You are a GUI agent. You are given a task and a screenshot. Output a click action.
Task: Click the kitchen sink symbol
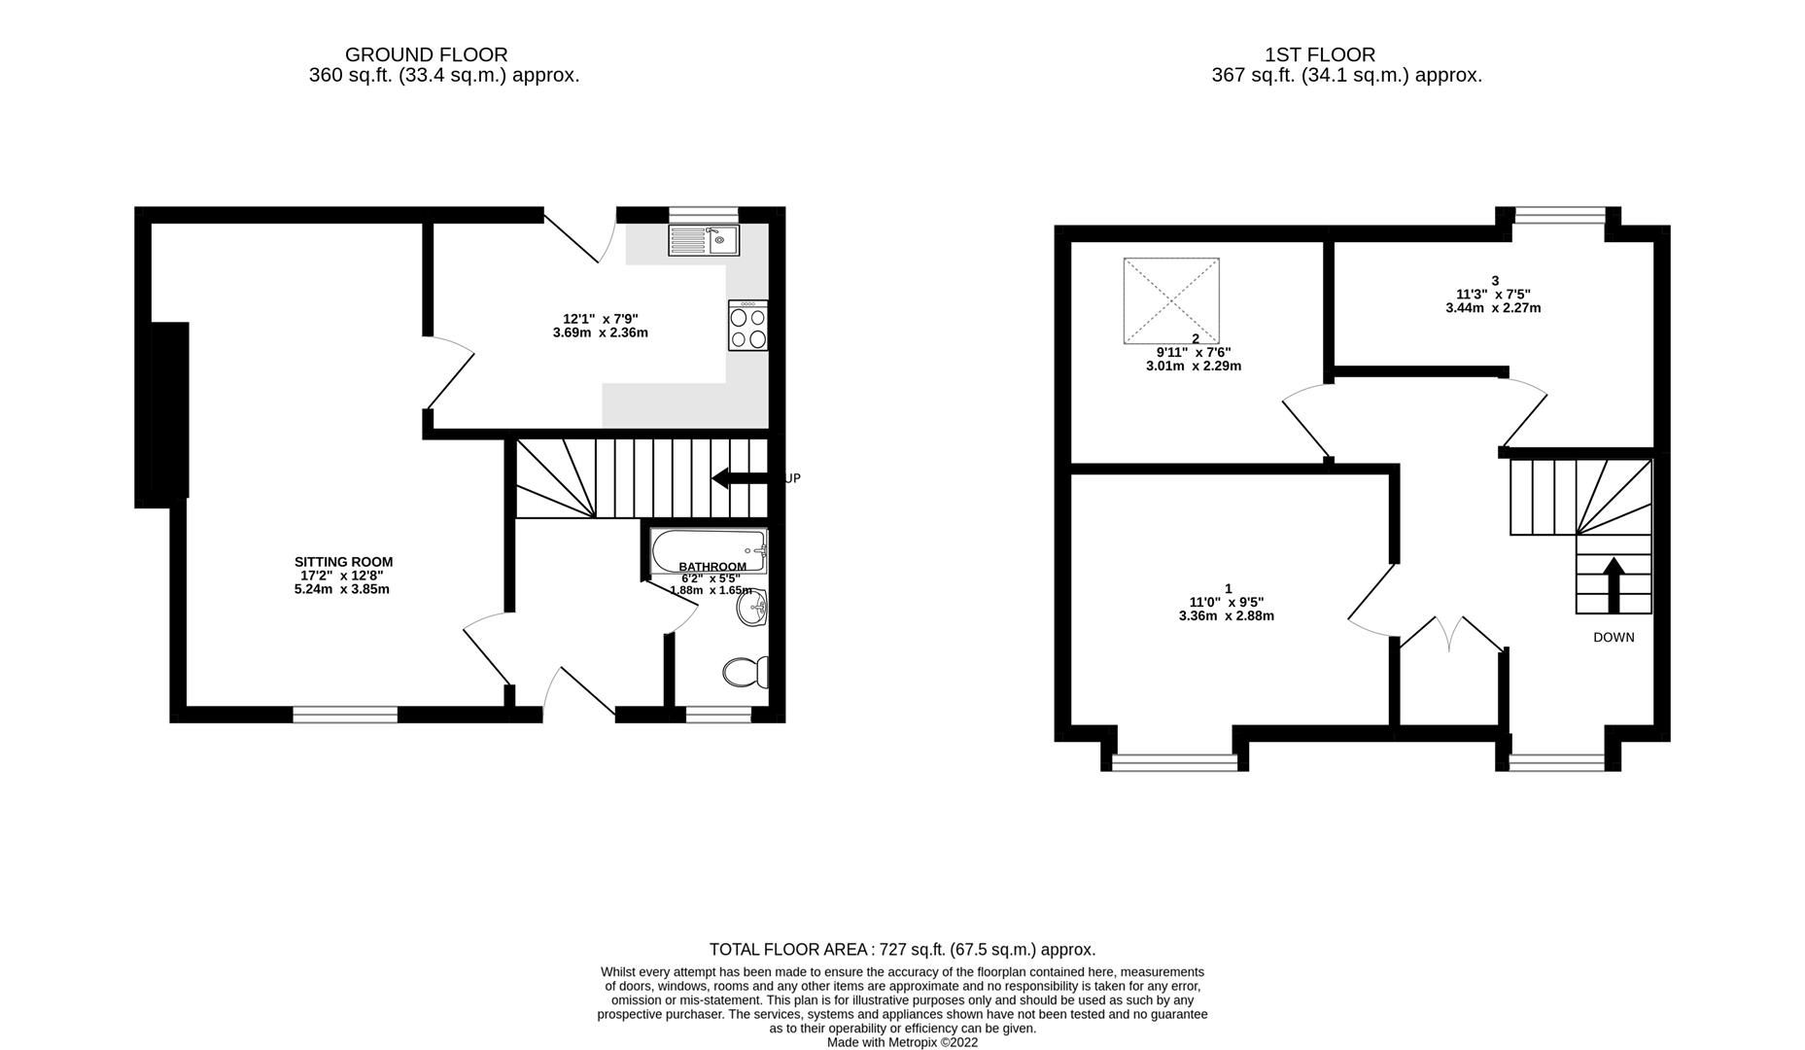(704, 239)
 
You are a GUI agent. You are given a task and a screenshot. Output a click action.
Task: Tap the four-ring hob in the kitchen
(747, 326)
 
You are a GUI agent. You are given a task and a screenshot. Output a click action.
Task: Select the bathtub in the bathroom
(710, 550)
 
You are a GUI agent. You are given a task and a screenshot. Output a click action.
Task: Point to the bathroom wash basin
(752, 610)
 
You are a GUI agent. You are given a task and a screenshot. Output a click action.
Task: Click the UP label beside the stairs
(792, 478)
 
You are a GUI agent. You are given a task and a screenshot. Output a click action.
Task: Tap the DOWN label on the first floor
(1614, 638)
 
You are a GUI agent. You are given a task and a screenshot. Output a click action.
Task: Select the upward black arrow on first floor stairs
(1614, 583)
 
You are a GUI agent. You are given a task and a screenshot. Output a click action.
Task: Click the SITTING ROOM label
(343, 562)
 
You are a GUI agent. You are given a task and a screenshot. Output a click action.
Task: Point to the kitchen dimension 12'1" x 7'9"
(600, 319)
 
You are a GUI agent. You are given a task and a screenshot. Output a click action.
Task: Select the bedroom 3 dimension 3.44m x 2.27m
(1493, 308)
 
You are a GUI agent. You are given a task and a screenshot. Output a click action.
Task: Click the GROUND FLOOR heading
(426, 55)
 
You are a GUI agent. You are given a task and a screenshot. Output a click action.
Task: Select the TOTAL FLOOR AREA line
(901, 950)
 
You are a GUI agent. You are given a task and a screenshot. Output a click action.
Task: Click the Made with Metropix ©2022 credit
(901, 1042)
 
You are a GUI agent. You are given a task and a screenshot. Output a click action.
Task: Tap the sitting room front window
(345, 715)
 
